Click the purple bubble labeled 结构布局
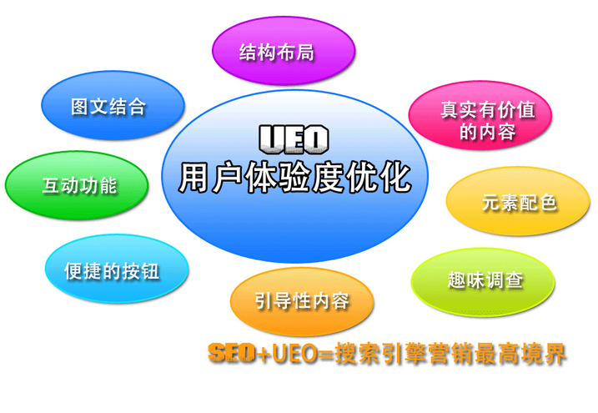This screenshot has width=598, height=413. click(284, 51)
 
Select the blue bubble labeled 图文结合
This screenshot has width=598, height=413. click(113, 105)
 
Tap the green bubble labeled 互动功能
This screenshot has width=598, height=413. click(77, 185)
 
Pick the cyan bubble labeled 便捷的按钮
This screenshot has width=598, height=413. click(117, 269)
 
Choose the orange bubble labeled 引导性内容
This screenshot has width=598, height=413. click(302, 301)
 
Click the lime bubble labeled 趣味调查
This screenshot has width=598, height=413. click(483, 282)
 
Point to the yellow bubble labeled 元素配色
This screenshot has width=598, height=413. click(518, 201)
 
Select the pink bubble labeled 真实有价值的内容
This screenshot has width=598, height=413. click(480, 115)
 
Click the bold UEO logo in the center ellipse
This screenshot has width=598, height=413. click(294, 139)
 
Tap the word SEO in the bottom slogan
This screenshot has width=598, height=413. click(232, 353)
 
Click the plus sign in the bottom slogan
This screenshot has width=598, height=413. click(263, 354)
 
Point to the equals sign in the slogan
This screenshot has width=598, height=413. click(326, 354)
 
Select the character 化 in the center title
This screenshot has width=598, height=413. click(395, 178)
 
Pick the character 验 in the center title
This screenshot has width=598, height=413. click(295, 178)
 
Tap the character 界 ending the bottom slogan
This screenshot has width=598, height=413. click(554, 354)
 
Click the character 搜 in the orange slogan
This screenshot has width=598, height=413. click(346, 354)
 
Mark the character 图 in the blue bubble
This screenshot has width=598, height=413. click(80, 107)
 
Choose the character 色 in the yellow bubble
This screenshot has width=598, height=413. click(548, 202)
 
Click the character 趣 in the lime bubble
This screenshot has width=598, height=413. click(456, 280)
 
